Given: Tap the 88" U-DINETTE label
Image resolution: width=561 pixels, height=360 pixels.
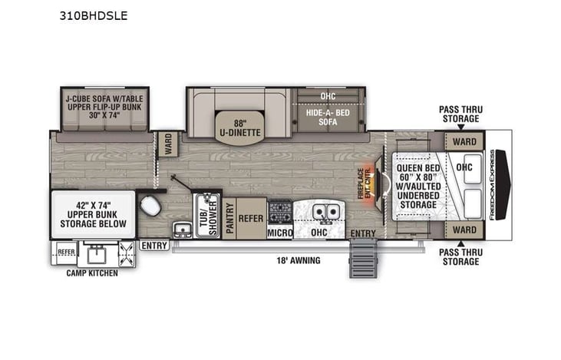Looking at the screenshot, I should pyautogui.click(x=238, y=127).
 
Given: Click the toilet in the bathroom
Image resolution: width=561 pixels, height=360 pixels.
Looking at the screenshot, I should pyautogui.click(x=150, y=205).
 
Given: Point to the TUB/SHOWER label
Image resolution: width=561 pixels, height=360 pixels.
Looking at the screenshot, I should pyautogui.click(x=205, y=216).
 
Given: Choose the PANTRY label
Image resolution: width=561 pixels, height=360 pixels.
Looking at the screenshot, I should pyautogui.click(x=229, y=218).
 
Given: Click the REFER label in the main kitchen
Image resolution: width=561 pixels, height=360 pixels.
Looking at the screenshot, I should pyautogui.click(x=250, y=217).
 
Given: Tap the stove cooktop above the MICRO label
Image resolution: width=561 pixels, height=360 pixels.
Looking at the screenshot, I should pyautogui.click(x=279, y=210).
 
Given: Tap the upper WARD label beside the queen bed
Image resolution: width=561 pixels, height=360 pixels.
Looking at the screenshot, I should pyautogui.click(x=464, y=142).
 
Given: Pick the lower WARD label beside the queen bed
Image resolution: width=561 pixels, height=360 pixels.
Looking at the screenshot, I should pyautogui.click(x=464, y=230).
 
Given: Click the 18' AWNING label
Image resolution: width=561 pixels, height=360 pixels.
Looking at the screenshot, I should pyautogui.click(x=299, y=260).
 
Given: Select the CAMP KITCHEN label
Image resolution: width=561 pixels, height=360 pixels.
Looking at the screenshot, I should pyautogui.click(x=91, y=273).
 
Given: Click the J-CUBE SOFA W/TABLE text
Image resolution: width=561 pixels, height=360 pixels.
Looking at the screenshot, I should pyautogui.click(x=99, y=99).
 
